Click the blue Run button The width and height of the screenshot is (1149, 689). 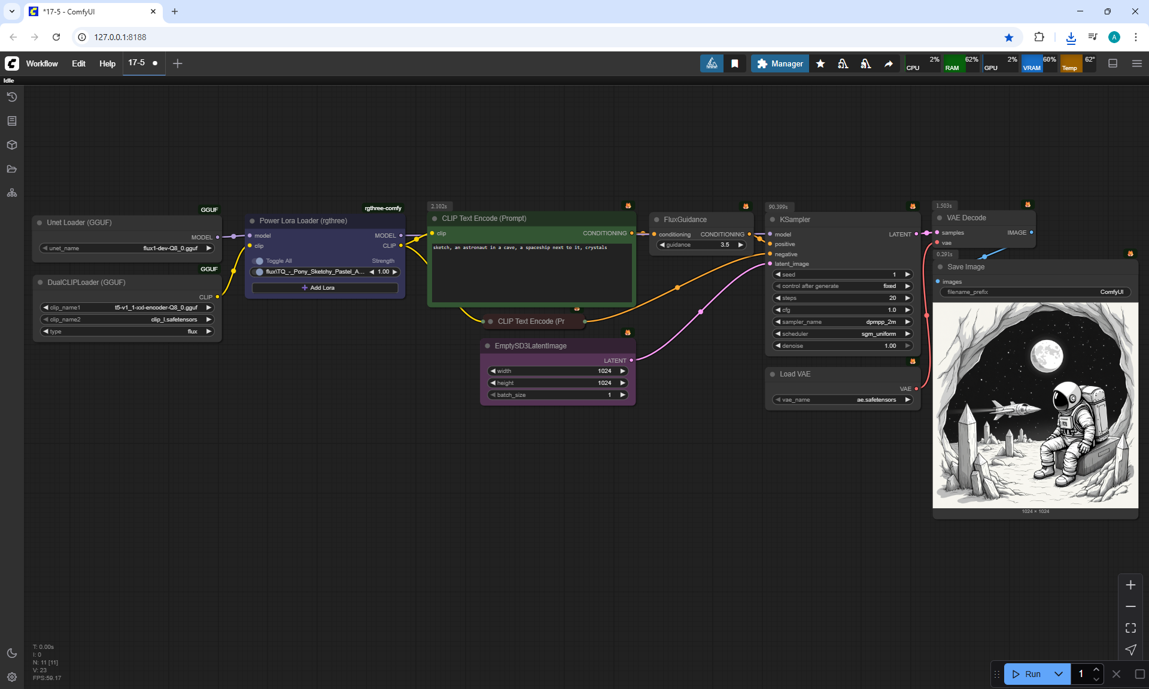point(1027,674)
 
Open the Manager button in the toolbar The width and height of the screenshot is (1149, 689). point(780,63)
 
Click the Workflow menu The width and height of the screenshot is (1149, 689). point(42,63)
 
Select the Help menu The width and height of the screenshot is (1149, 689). point(107,63)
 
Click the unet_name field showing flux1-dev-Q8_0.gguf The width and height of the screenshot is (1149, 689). point(127,248)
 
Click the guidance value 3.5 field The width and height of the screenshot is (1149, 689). point(701,245)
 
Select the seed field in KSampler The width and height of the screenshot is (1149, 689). point(842,275)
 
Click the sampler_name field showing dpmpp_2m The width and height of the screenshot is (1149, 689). point(842,322)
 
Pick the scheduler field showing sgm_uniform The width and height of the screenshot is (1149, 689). point(842,334)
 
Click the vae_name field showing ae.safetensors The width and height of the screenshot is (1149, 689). point(842,400)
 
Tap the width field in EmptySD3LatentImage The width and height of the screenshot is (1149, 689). point(558,371)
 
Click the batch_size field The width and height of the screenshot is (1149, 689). point(558,395)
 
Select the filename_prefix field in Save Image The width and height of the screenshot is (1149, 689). point(1035,292)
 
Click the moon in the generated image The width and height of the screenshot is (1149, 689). point(1046,356)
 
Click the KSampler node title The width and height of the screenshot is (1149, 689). point(795,220)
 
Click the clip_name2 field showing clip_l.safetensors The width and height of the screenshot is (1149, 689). point(127,320)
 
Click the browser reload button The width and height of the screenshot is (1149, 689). point(56,37)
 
